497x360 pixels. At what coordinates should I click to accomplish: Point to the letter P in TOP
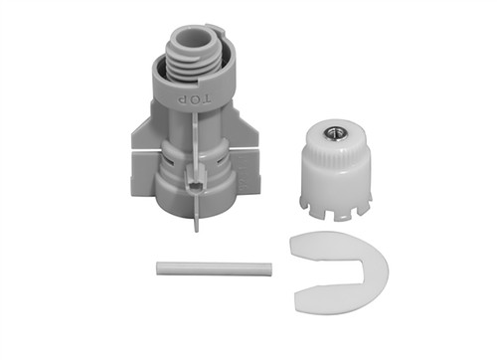[181, 98]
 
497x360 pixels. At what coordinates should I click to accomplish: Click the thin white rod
[215, 269]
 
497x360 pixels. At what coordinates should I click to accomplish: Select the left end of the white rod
[158, 268]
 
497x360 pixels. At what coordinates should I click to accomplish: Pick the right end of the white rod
[270, 270]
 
